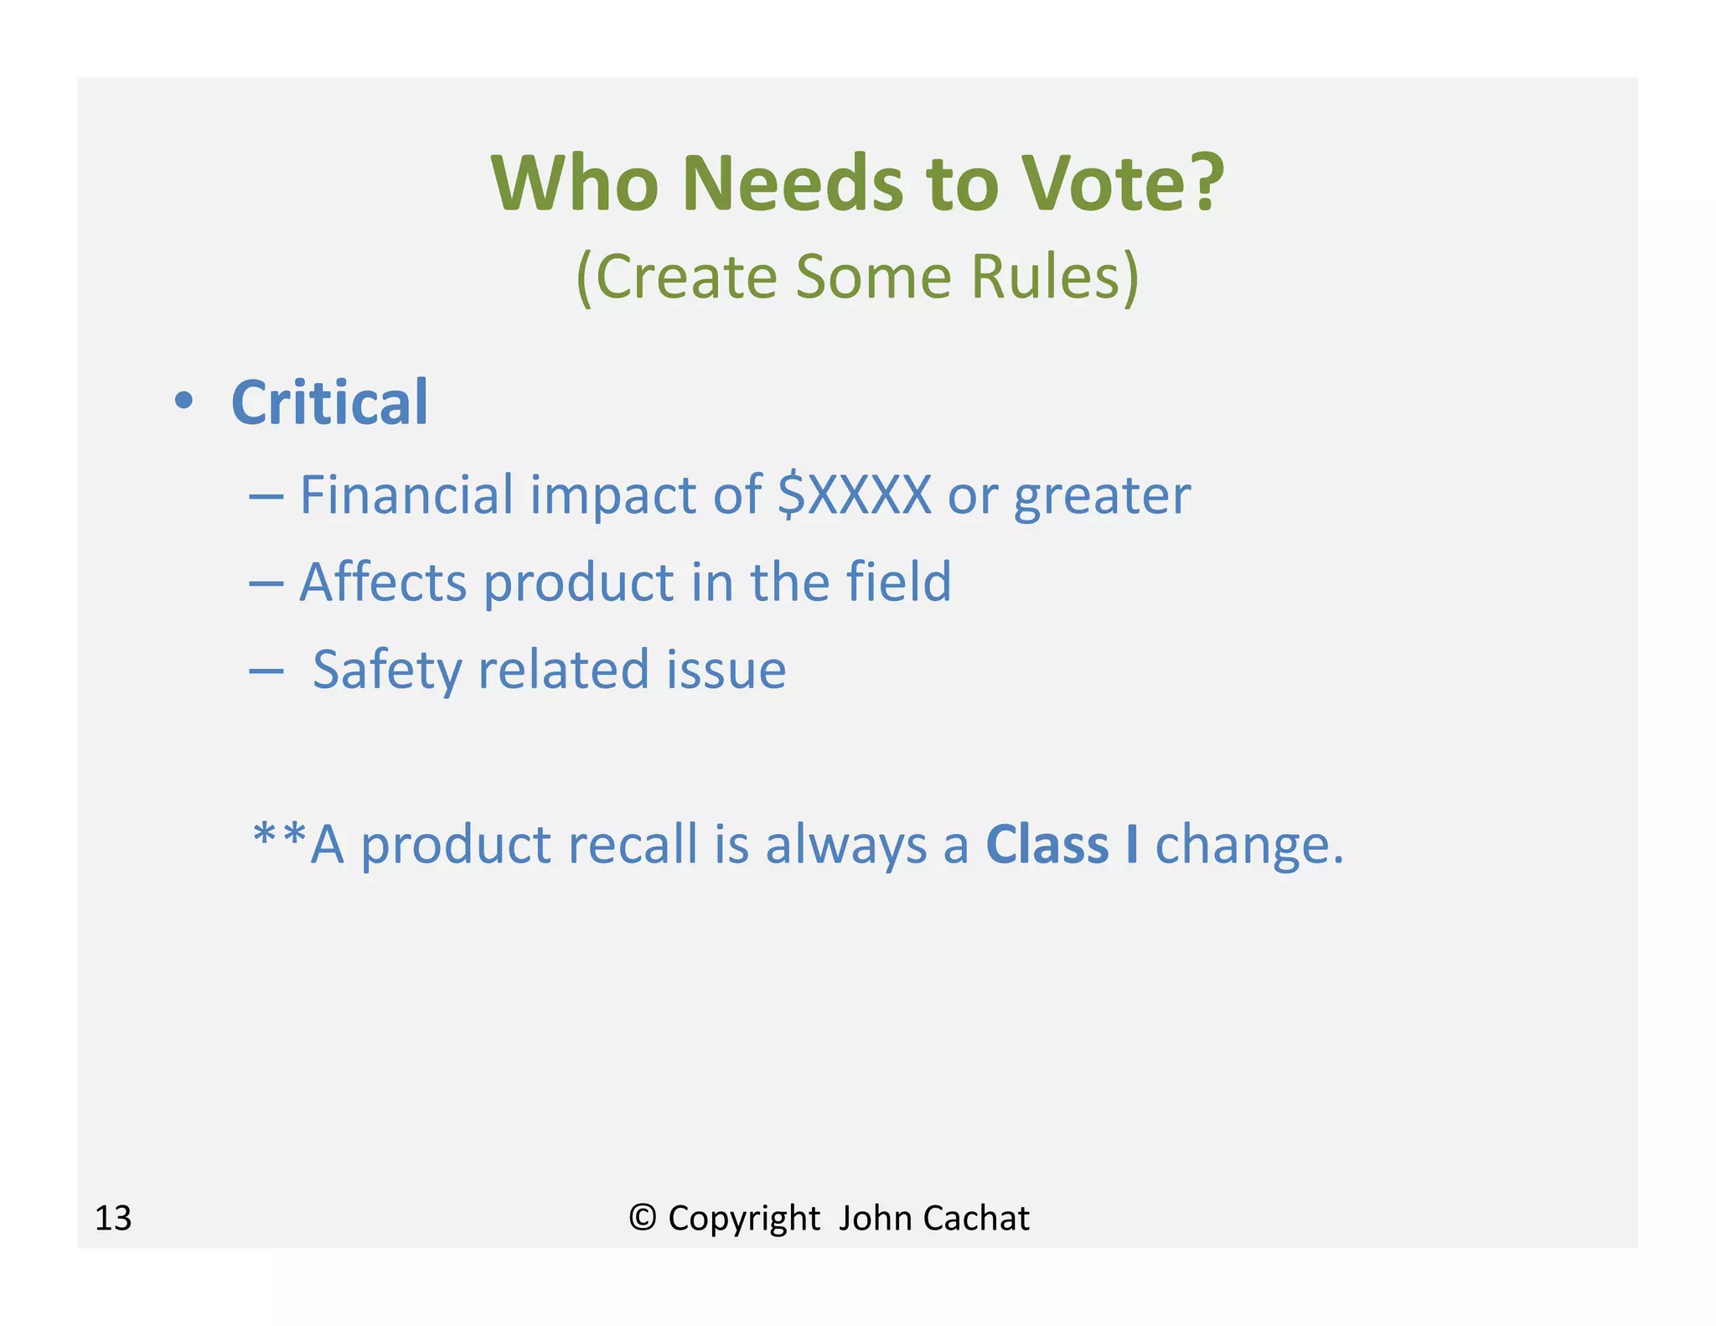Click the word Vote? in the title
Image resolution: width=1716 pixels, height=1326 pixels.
tap(1122, 184)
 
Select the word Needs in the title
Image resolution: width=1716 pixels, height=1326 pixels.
tap(792, 184)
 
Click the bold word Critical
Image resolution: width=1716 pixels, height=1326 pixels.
tap(329, 403)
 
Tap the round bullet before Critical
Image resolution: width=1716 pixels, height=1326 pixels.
tap(183, 401)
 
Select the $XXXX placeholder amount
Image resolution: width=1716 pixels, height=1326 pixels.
tap(854, 495)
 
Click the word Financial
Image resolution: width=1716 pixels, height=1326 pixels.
tap(406, 495)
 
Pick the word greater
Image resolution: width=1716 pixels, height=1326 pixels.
tap(1101, 496)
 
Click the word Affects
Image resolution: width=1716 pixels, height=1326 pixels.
tap(383, 582)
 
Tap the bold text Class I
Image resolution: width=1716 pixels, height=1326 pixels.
tap(1062, 844)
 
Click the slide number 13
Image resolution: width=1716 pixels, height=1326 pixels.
tap(113, 1218)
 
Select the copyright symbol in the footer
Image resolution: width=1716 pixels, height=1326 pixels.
tap(642, 1218)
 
